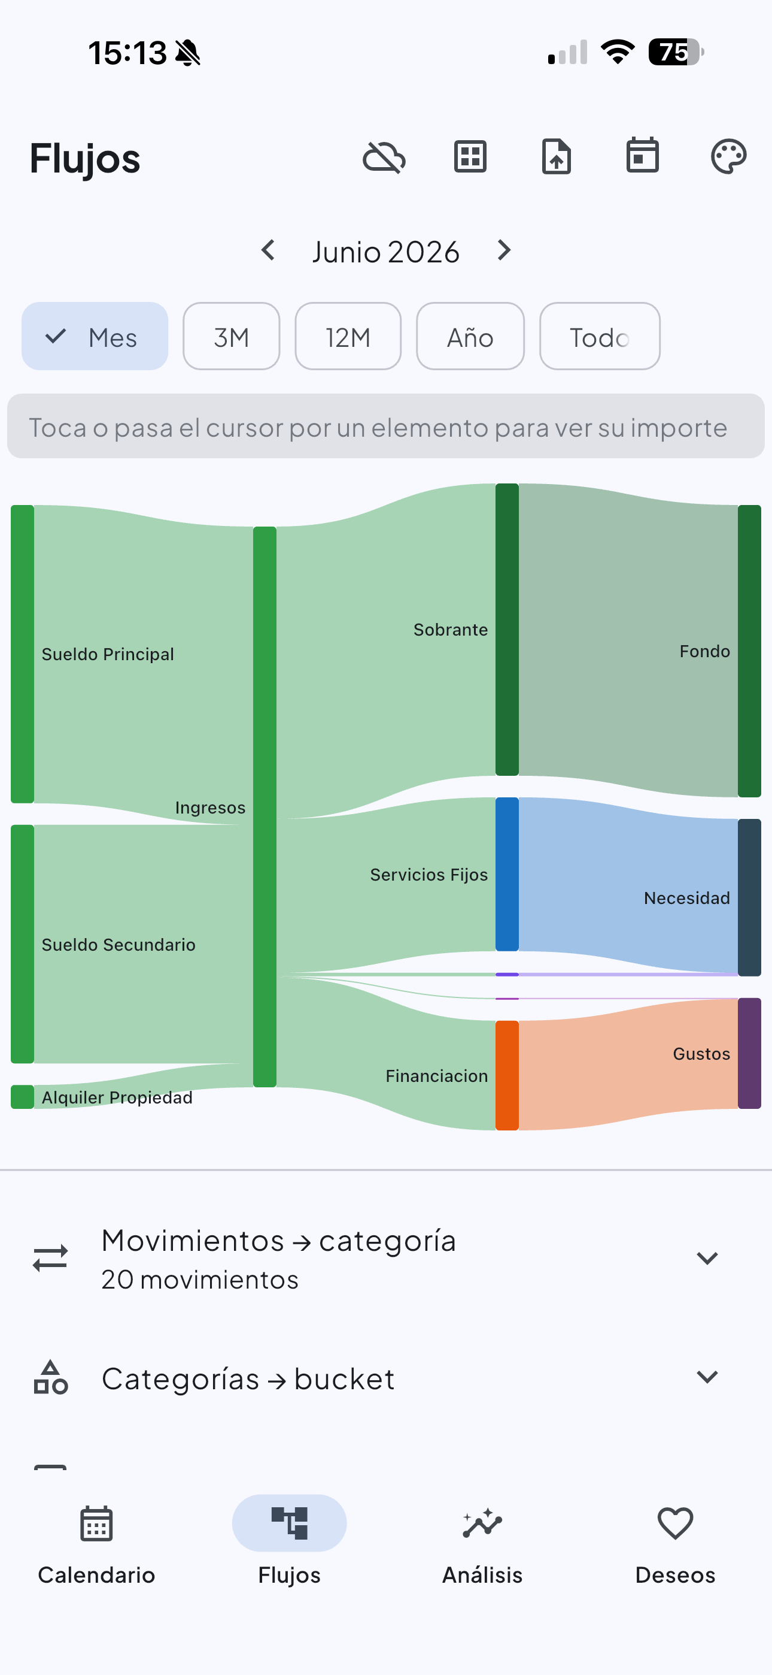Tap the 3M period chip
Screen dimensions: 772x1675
(232, 336)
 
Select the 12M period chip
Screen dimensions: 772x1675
(348, 336)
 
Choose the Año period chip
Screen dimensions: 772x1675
(470, 336)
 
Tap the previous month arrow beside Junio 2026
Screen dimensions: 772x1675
(268, 250)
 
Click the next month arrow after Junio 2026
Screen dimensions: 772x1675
(504, 250)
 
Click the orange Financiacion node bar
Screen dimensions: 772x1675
(507, 1075)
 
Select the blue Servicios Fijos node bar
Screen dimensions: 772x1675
(507, 874)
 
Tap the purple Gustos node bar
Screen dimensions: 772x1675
(749, 1053)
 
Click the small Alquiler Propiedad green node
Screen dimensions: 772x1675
(22, 1097)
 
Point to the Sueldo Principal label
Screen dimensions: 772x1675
(108, 654)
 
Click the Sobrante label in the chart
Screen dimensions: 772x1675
(450, 630)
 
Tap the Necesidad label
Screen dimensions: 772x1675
(687, 898)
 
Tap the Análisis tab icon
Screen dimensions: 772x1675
(482, 1523)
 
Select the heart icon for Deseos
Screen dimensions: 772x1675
(675, 1523)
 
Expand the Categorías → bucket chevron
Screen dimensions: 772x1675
(707, 1377)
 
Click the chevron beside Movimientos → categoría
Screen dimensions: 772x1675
(707, 1258)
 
